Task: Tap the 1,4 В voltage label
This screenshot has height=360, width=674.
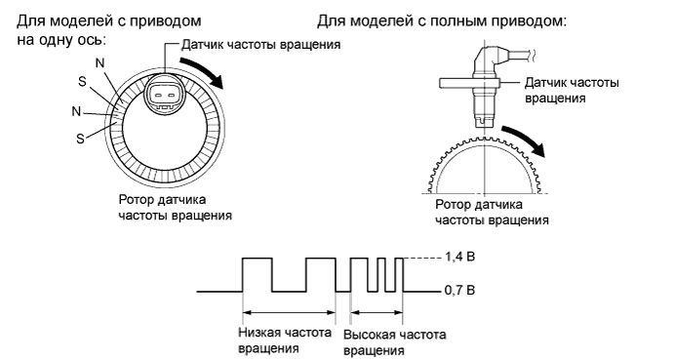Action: [x=457, y=258]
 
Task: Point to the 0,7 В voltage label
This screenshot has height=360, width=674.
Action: [x=457, y=291]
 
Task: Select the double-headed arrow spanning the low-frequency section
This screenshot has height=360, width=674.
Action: [x=288, y=312]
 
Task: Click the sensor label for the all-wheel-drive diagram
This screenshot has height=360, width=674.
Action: [x=571, y=91]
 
